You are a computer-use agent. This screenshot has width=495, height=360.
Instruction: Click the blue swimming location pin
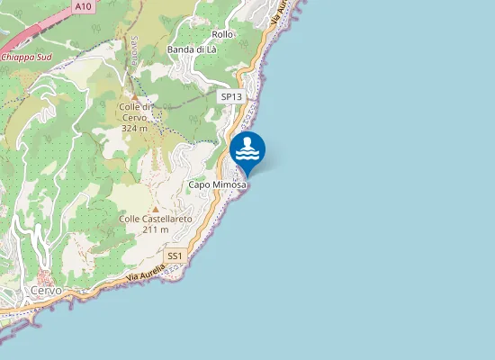tap(247, 151)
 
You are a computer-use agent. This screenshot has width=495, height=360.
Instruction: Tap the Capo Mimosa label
tap(217, 184)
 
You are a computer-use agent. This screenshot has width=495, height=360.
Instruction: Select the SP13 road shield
tap(231, 96)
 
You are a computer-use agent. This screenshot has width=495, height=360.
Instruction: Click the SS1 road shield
tap(175, 256)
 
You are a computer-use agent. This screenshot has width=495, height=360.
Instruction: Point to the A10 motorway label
tap(83, 6)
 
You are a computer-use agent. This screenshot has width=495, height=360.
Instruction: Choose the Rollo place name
tap(221, 34)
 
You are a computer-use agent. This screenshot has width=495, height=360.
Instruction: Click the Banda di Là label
tap(192, 49)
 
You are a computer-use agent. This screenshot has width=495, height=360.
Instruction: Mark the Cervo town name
tap(46, 291)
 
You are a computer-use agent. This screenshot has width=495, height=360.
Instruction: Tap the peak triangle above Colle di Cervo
tap(135, 96)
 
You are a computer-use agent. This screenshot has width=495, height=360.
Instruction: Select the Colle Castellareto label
tap(155, 219)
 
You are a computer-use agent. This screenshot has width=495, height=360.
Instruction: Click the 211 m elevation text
tap(155, 229)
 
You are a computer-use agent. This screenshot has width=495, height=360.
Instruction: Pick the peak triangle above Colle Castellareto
tap(155, 209)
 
